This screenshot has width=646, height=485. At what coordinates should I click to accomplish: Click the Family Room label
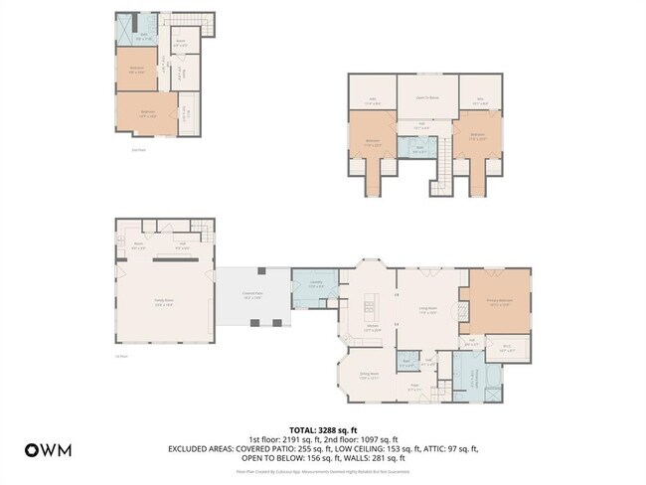(x=164, y=304)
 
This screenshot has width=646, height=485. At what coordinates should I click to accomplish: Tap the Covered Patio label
(x=253, y=294)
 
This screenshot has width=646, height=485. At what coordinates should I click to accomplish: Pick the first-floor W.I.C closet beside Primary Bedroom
(x=506, y=348)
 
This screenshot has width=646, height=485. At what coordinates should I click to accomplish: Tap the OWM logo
(x=48, y=449)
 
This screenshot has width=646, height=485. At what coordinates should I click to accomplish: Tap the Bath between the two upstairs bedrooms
(x=421, y=148)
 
